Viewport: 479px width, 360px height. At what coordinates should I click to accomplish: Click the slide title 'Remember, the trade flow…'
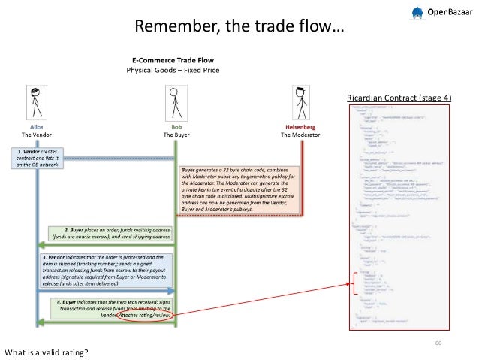[239, 28]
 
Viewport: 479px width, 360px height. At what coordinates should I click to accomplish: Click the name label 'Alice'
[35, 127]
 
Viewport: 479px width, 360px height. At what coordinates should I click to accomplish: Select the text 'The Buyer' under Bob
[174, 135]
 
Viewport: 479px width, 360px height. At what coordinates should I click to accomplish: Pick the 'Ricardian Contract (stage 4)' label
[399, 98]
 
